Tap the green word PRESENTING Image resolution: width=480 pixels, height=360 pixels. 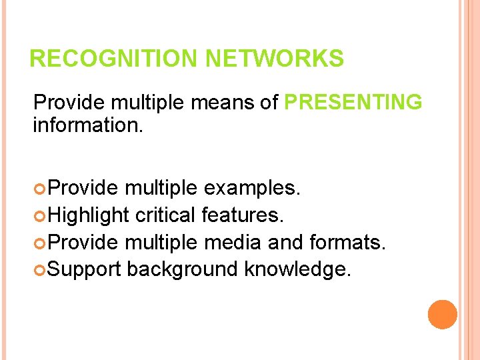(353, 103)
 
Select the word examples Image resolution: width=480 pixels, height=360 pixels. (251, 189)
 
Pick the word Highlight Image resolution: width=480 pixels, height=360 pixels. (89, 215)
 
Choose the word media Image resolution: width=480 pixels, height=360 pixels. (233, 242)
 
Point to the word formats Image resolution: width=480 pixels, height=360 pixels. (347, 242)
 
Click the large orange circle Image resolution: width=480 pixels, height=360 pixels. (442, 314)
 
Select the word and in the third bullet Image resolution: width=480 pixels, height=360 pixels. (285, 242)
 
